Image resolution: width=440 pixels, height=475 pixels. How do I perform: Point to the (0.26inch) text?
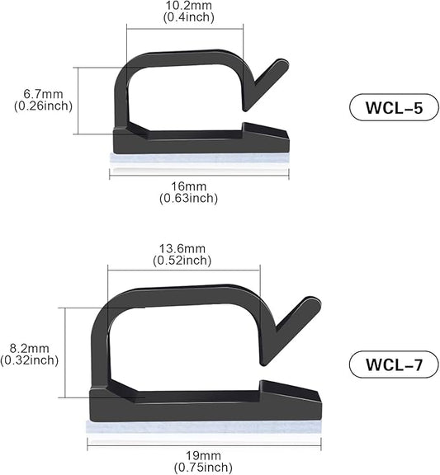[43, 106]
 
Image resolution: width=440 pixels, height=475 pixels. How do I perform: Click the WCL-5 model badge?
[387, 107]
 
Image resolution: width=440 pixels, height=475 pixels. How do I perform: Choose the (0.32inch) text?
[30, 360]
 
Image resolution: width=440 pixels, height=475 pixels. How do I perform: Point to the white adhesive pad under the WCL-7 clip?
[202, 428]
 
